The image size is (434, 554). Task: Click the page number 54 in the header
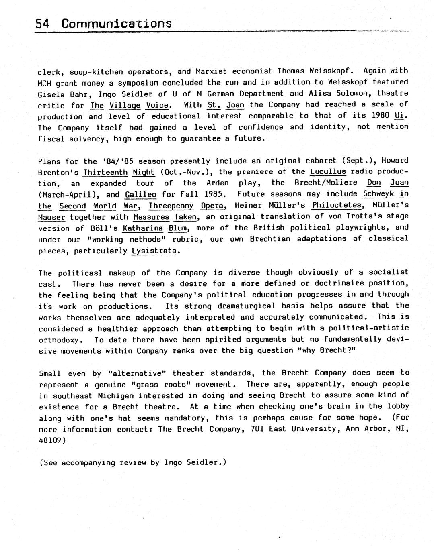tap(42, 24)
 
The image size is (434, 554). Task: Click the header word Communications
tap(117, 24)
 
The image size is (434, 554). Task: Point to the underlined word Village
tap(125, 106)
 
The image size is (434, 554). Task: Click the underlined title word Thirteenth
tap(105, 172)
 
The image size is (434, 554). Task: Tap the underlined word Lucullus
tap(328, 172)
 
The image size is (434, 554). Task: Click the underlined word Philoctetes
tap(337, 205)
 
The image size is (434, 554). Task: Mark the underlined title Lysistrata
tap(154, 251)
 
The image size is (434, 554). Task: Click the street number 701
tap(257, 429)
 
